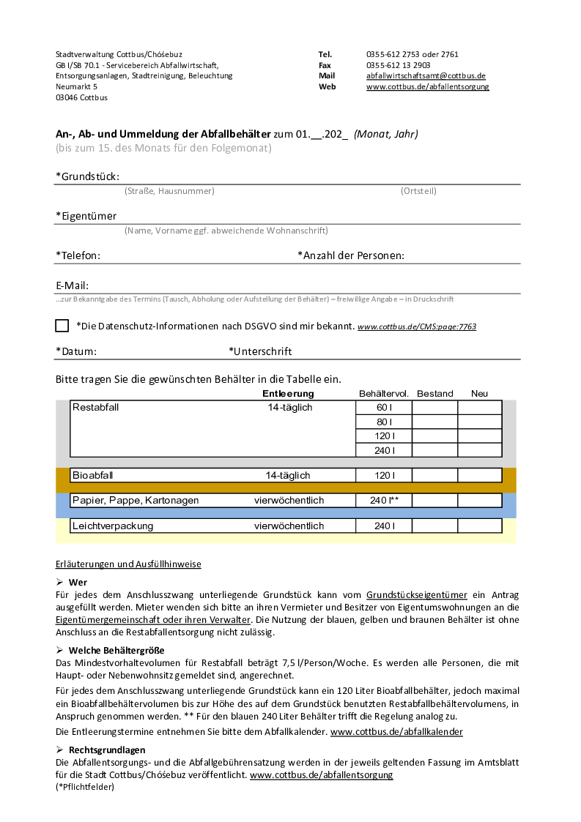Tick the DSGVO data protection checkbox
click(x=62, y=326)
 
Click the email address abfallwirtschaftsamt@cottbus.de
click(x=426, y=75)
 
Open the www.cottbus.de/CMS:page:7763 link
click(x=417, y=326)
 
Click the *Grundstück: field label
click(x=87, y=176)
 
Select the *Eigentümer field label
click(x=86, y=216)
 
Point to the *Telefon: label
click(x=78, y=255)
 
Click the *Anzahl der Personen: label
click(x=351, y=255)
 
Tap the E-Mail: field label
click(x=72, y=285)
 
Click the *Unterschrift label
click(x=260, y=351)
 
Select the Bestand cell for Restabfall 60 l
click(x=434, y=408)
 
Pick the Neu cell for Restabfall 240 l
click(x=479, y=450)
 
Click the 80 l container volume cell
click(x=384, y=422)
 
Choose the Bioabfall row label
click(x=92, y=476)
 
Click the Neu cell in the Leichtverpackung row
click(x=479, y=526)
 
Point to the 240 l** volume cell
click(x=384, y=501)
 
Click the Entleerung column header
click(x=288, y=394)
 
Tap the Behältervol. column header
click(x=384, y=394)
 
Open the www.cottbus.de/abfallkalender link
click(x=396, y=731)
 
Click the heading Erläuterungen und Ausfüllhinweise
click(x=128, y=564)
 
